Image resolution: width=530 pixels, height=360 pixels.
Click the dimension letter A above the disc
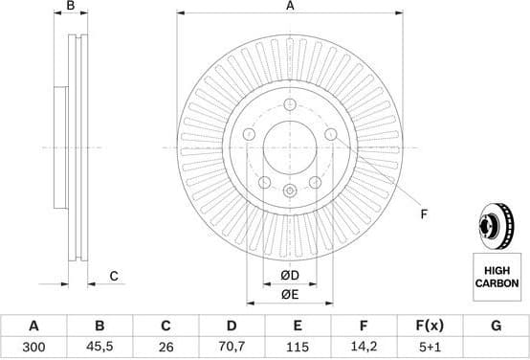289,7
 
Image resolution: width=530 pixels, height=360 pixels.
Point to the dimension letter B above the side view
70,7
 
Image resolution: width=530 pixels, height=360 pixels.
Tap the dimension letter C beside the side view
113,277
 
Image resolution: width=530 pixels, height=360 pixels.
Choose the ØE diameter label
289,295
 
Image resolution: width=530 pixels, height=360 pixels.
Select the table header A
33,326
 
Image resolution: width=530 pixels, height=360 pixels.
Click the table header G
496,326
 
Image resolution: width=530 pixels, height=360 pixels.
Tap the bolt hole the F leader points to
331,135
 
